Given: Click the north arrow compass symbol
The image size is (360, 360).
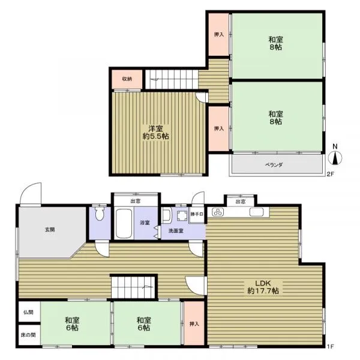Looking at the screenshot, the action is (335, 158).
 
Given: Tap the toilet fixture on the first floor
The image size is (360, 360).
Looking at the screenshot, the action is (100, 214).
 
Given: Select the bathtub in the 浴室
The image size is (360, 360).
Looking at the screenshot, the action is (124, 223).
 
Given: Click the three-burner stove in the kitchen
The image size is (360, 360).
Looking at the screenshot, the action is (218, 212).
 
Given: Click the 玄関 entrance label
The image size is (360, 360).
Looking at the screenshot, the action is (50, 229).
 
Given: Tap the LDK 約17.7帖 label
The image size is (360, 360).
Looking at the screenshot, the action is (263, 287).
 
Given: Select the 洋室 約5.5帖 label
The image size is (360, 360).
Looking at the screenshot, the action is (155, 133).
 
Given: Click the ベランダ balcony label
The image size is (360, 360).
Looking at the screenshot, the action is (274, 165).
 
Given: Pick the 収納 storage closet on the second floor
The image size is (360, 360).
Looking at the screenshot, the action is (127, 79).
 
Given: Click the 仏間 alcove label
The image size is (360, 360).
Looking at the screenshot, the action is (28, 312).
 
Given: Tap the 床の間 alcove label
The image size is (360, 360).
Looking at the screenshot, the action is (28, 335).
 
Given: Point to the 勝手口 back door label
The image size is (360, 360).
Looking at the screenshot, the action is (197, 214).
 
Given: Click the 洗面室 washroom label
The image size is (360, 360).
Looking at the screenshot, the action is (176, 231).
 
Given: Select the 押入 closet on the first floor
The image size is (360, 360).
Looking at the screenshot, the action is (194, 323).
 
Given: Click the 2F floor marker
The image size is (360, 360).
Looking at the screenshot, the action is (330, 174).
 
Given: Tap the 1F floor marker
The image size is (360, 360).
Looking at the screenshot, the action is (330, 346).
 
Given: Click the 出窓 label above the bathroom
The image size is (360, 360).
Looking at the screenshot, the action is (136, 202).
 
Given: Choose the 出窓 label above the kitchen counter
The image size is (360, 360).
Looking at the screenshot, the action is (241, 202).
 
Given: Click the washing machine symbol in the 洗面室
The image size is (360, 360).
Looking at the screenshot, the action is (182, 215).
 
